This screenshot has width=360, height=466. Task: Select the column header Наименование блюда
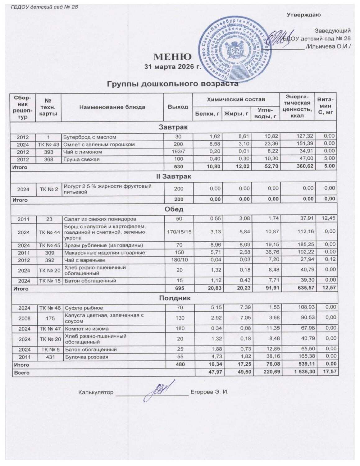[112, 107]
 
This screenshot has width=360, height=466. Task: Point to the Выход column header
[178, 107]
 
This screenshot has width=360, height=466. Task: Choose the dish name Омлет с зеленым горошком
[99, 144]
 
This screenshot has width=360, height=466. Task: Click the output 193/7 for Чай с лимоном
[178, 152]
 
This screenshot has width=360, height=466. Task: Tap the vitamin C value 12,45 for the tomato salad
[328, 218]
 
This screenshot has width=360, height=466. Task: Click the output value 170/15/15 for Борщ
[178, 231]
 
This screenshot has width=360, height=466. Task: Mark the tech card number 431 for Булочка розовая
[49, 357]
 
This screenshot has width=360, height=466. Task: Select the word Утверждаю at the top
[303, 15]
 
